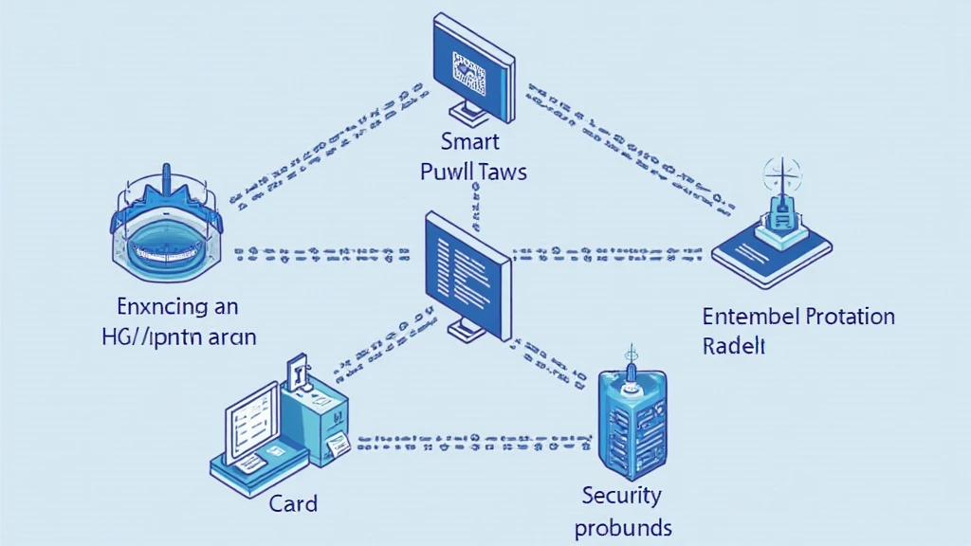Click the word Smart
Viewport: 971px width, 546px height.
tap(470, 143)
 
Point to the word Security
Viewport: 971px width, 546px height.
tap(622, 495)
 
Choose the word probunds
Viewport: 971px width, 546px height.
tap(623, 527)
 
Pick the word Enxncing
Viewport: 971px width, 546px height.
tap(163, 306)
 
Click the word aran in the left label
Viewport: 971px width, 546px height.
tap(230, 337)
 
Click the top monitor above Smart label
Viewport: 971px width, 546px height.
tap(471, 66)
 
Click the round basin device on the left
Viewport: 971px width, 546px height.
tap(167, 233)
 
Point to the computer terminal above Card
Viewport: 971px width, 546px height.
tap(280, 422)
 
